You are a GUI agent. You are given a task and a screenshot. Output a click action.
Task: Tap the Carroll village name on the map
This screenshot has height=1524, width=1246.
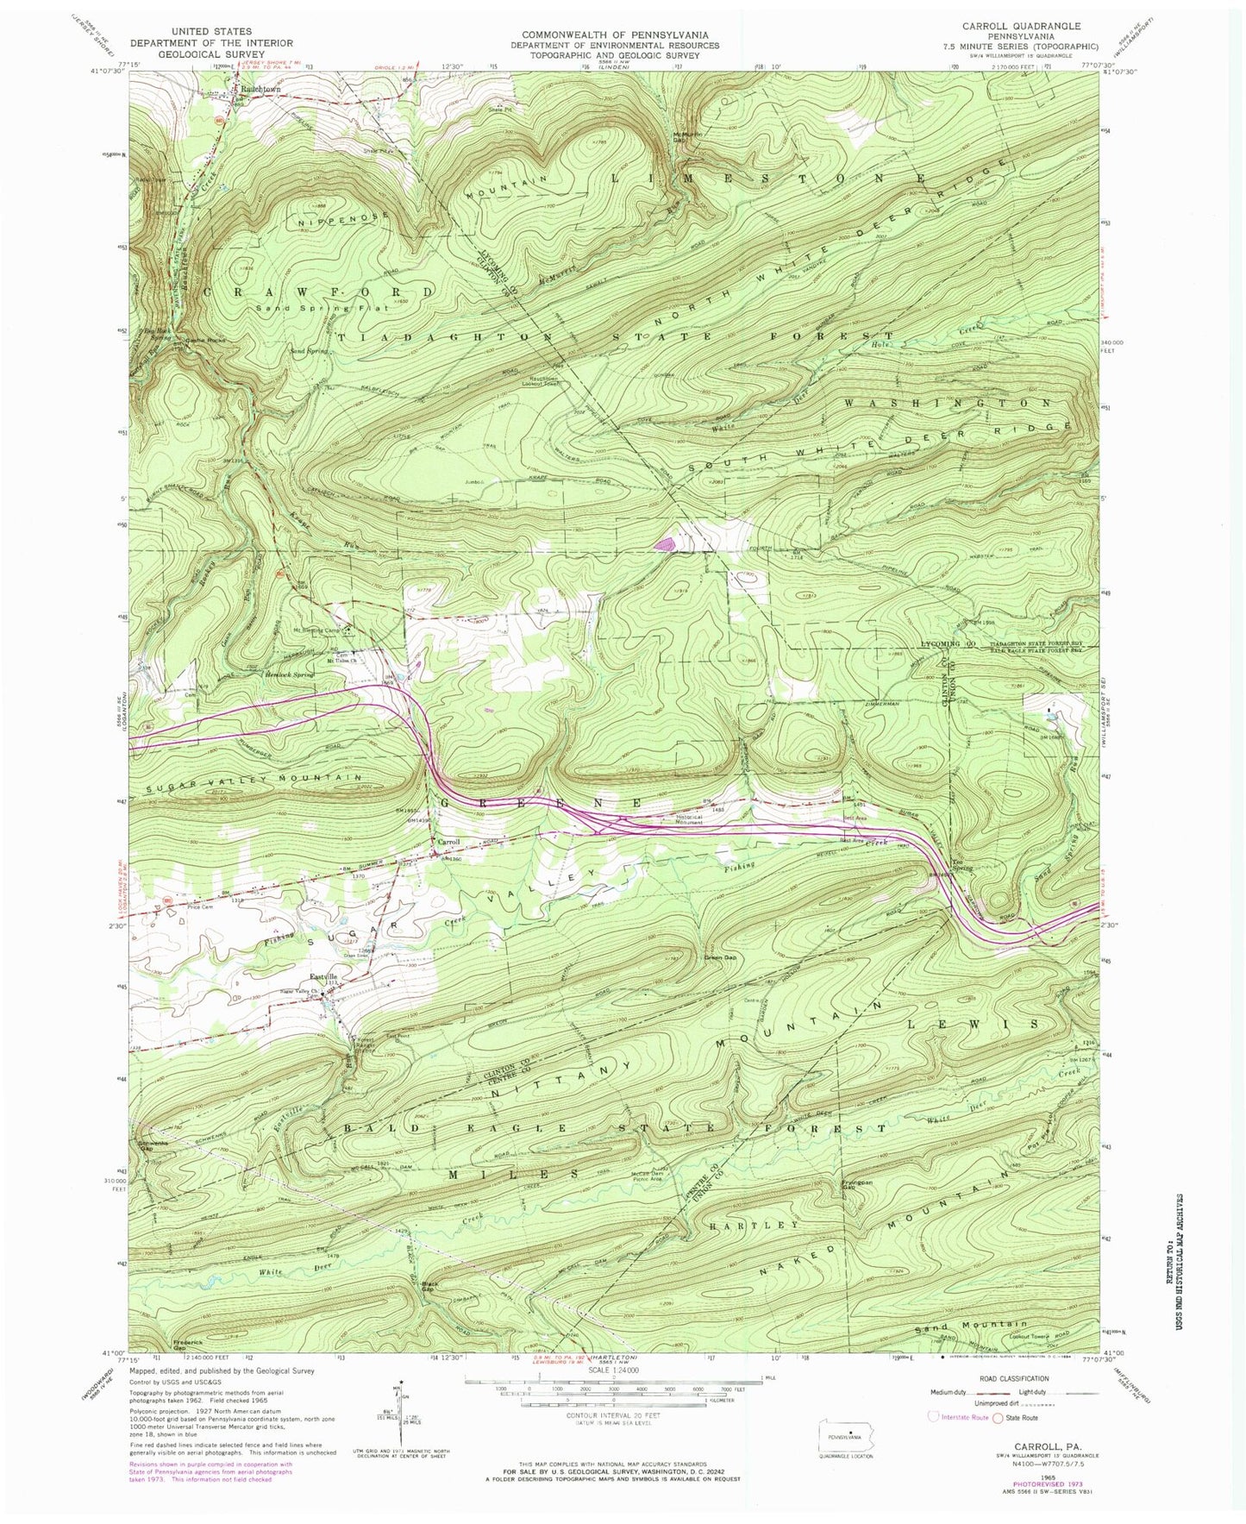(447, 842)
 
